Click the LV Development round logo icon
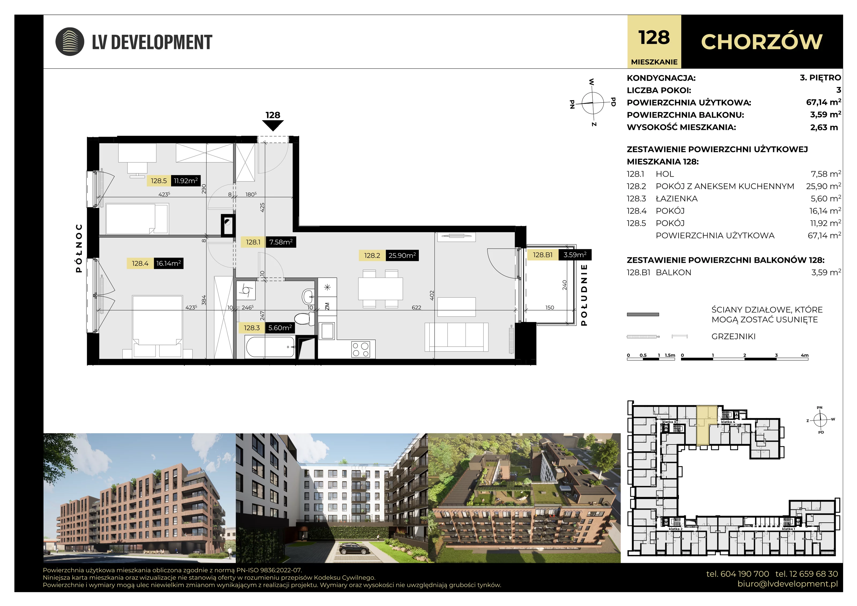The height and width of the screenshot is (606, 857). point(70,42)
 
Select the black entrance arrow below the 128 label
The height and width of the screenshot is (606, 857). point(273,125)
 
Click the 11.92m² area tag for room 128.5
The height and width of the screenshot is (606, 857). point(186,181)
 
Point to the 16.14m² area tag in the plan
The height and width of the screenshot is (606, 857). point(168,263)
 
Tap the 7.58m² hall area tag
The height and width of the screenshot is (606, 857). point(281,242)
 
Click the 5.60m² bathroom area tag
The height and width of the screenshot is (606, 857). point(280,328)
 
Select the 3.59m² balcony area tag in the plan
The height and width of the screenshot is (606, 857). point(575,255)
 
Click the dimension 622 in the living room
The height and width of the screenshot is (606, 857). point(416,308)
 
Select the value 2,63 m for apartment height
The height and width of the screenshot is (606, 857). point(824,127)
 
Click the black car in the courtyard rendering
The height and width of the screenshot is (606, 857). point(355,548)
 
